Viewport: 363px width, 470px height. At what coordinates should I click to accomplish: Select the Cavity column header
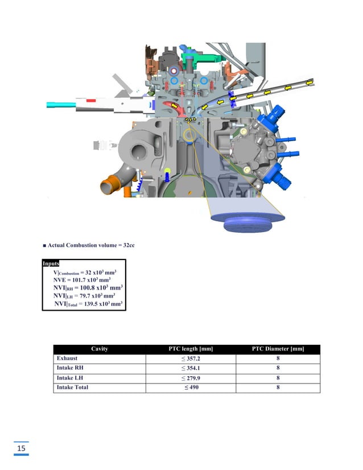[x=99, y=349]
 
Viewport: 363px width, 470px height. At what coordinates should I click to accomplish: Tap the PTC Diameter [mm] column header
[x=278, y=349]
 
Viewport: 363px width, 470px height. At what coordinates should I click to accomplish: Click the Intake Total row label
[x=72, y=387]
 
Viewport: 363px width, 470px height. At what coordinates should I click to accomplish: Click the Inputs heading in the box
[x=51, y=263]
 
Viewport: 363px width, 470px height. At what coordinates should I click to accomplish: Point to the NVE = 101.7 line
[x=81, y=280]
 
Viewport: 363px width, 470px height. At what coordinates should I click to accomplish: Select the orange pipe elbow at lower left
[x=109, y=187]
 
